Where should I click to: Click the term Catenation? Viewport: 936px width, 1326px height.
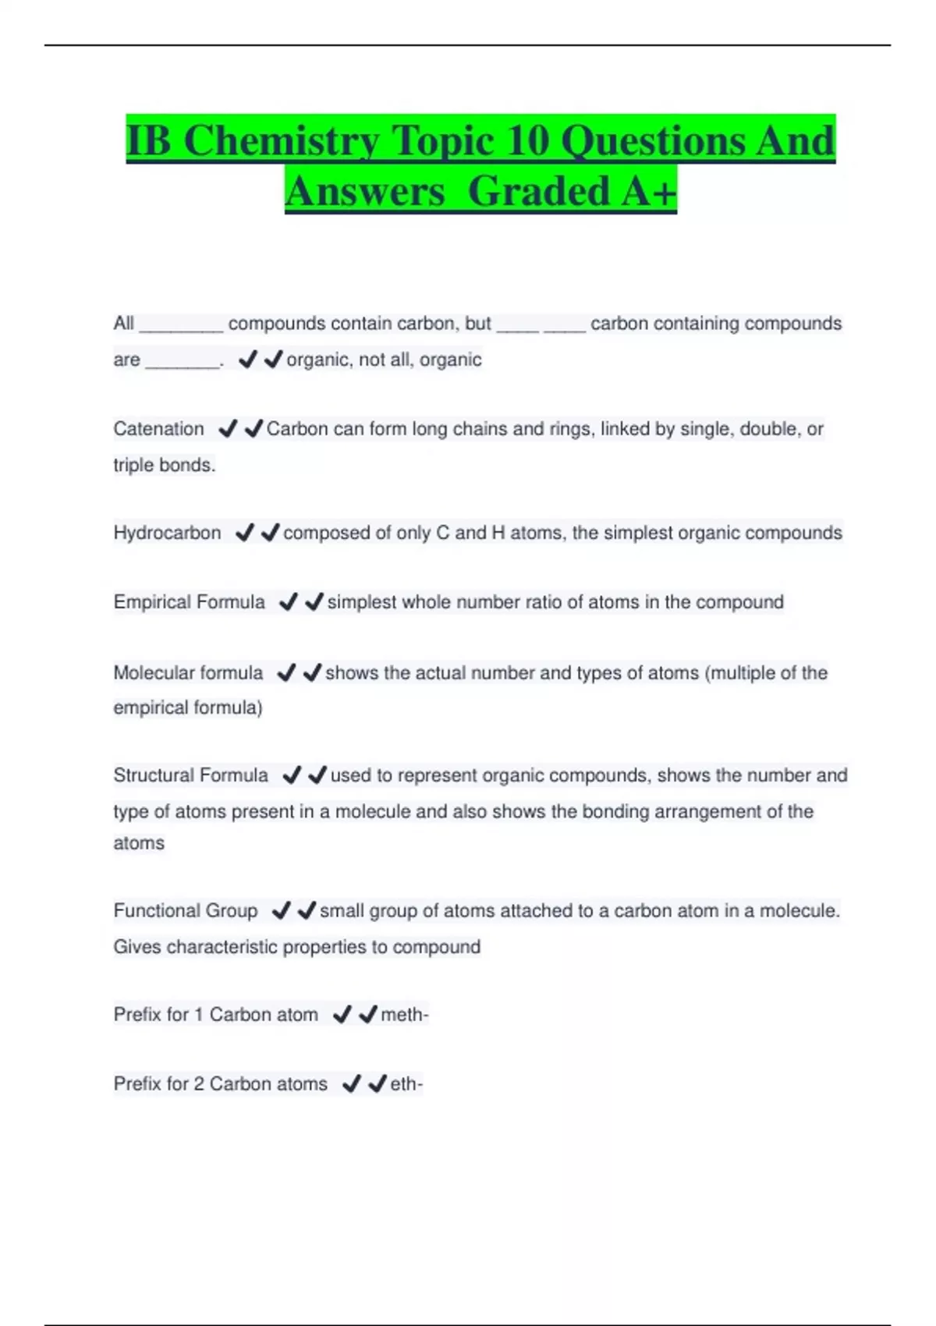click(x=158, y=429)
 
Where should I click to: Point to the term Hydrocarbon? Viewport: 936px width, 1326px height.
click(x=167, y=533)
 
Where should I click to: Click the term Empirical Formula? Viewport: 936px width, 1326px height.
click(x=189, y=602)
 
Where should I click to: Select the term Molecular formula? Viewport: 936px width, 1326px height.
click(x=188, y=672)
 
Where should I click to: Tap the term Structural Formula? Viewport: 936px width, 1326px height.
click(x=190, y=775)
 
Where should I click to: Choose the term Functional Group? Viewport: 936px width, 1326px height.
click(x=185, y=910)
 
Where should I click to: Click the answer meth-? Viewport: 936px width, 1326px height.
click(x=404, y=1015)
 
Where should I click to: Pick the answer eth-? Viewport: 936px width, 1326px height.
click(x=406, y=1084)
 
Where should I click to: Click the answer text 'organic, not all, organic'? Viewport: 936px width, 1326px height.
click(x=384, y=360)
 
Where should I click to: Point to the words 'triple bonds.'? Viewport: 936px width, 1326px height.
click(x=164, y=465)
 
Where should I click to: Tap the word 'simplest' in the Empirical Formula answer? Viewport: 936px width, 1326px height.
click(x=362, y=602)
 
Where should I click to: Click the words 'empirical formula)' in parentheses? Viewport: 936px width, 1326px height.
click(x=187, y=707)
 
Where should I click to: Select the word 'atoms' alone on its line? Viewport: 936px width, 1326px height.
click(x=139, y=843)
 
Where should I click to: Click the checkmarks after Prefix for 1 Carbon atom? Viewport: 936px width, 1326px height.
click(x=354, y=1015)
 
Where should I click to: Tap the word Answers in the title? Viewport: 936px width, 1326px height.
click(x=364, y=191)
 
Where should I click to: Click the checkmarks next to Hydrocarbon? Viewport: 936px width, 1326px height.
click(x=257, y=533)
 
